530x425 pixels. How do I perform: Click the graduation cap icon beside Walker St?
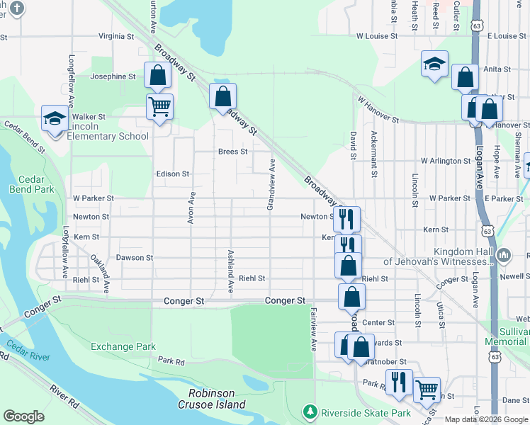click(x=54, y=118)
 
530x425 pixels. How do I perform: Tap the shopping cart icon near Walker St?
click(x=159, y=107)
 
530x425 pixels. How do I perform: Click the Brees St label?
click(x=232, y=152)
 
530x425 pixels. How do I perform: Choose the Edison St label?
click(x=173, y=174)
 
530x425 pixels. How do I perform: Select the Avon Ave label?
click(x=191, y=208)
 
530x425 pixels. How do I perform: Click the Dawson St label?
click(x=135, y=258)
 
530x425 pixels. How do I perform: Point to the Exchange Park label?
click(x=123, y=346)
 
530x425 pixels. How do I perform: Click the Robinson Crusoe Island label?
click(x=217, y=399)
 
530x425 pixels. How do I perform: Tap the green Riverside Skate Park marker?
click(x=309, y=412)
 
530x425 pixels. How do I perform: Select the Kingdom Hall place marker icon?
click(x=504, y=253)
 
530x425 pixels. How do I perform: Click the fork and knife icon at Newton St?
click(x=346, y=218)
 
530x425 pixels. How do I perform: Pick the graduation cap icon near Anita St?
click(x=434, y=64)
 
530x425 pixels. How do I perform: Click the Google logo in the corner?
click(x=23, y=416)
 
